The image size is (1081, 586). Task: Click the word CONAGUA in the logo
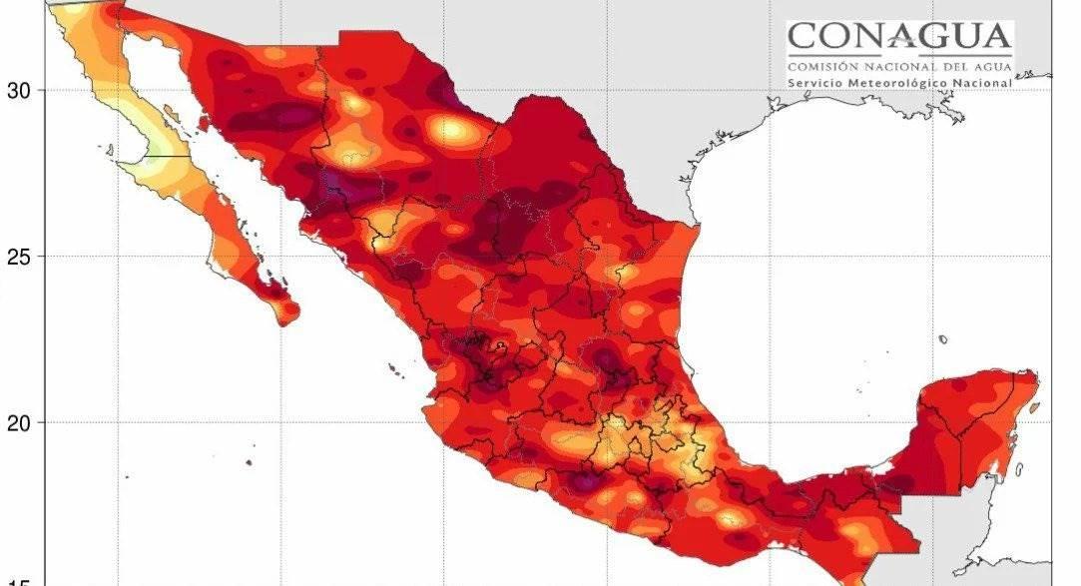899,39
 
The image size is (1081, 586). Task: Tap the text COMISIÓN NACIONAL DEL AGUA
899,66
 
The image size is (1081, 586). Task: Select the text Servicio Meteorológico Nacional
899,83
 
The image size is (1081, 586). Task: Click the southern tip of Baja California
286,312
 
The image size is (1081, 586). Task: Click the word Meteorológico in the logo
904,83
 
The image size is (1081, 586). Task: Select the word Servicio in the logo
815,83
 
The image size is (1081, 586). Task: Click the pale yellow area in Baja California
155,150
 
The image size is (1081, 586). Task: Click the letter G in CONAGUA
933,39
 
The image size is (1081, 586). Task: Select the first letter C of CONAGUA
802,39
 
